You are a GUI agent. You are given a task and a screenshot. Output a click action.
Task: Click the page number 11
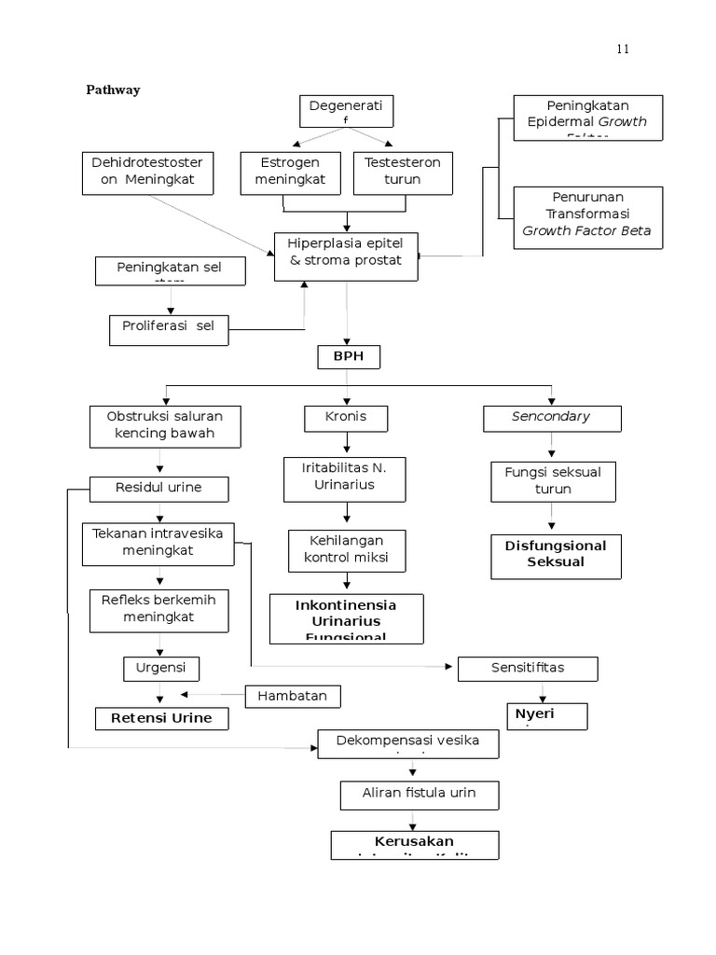(x=622, y=49)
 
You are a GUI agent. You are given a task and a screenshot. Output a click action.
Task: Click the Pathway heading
(x=113, y=90)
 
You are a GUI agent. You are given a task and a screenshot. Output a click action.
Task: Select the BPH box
(x=347, y=357)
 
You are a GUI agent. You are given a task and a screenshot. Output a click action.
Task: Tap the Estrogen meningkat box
(x=291, y=172)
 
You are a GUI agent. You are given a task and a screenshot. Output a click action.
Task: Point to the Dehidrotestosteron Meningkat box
(x=148, y=172)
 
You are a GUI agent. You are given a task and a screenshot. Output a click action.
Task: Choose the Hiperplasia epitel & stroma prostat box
(x=346, y=254)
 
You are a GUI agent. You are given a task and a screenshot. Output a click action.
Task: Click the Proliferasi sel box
(x=168, y=326)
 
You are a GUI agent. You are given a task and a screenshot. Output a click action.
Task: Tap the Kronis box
(x=347, y=417)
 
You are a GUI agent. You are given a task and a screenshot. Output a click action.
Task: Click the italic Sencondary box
(x=551, y=417)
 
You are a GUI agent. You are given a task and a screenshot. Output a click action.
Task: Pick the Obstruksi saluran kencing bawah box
(x=165, y=424)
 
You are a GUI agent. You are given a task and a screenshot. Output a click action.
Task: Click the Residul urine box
(x=158, y=487)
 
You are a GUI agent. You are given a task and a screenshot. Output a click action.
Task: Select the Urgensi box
(x=161, y=668)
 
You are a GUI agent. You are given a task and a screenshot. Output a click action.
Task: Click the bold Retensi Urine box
(x=161, y=718)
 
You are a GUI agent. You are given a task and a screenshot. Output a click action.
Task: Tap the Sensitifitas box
(x=528, y=668)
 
